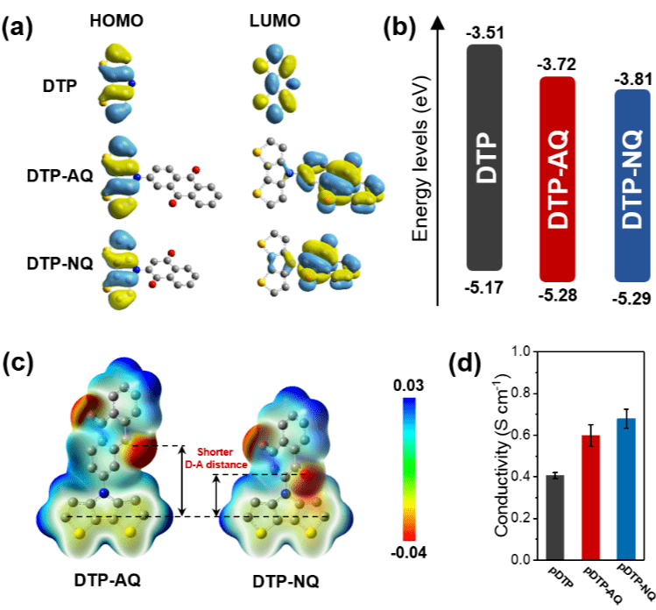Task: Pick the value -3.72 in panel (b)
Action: (558, 64)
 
